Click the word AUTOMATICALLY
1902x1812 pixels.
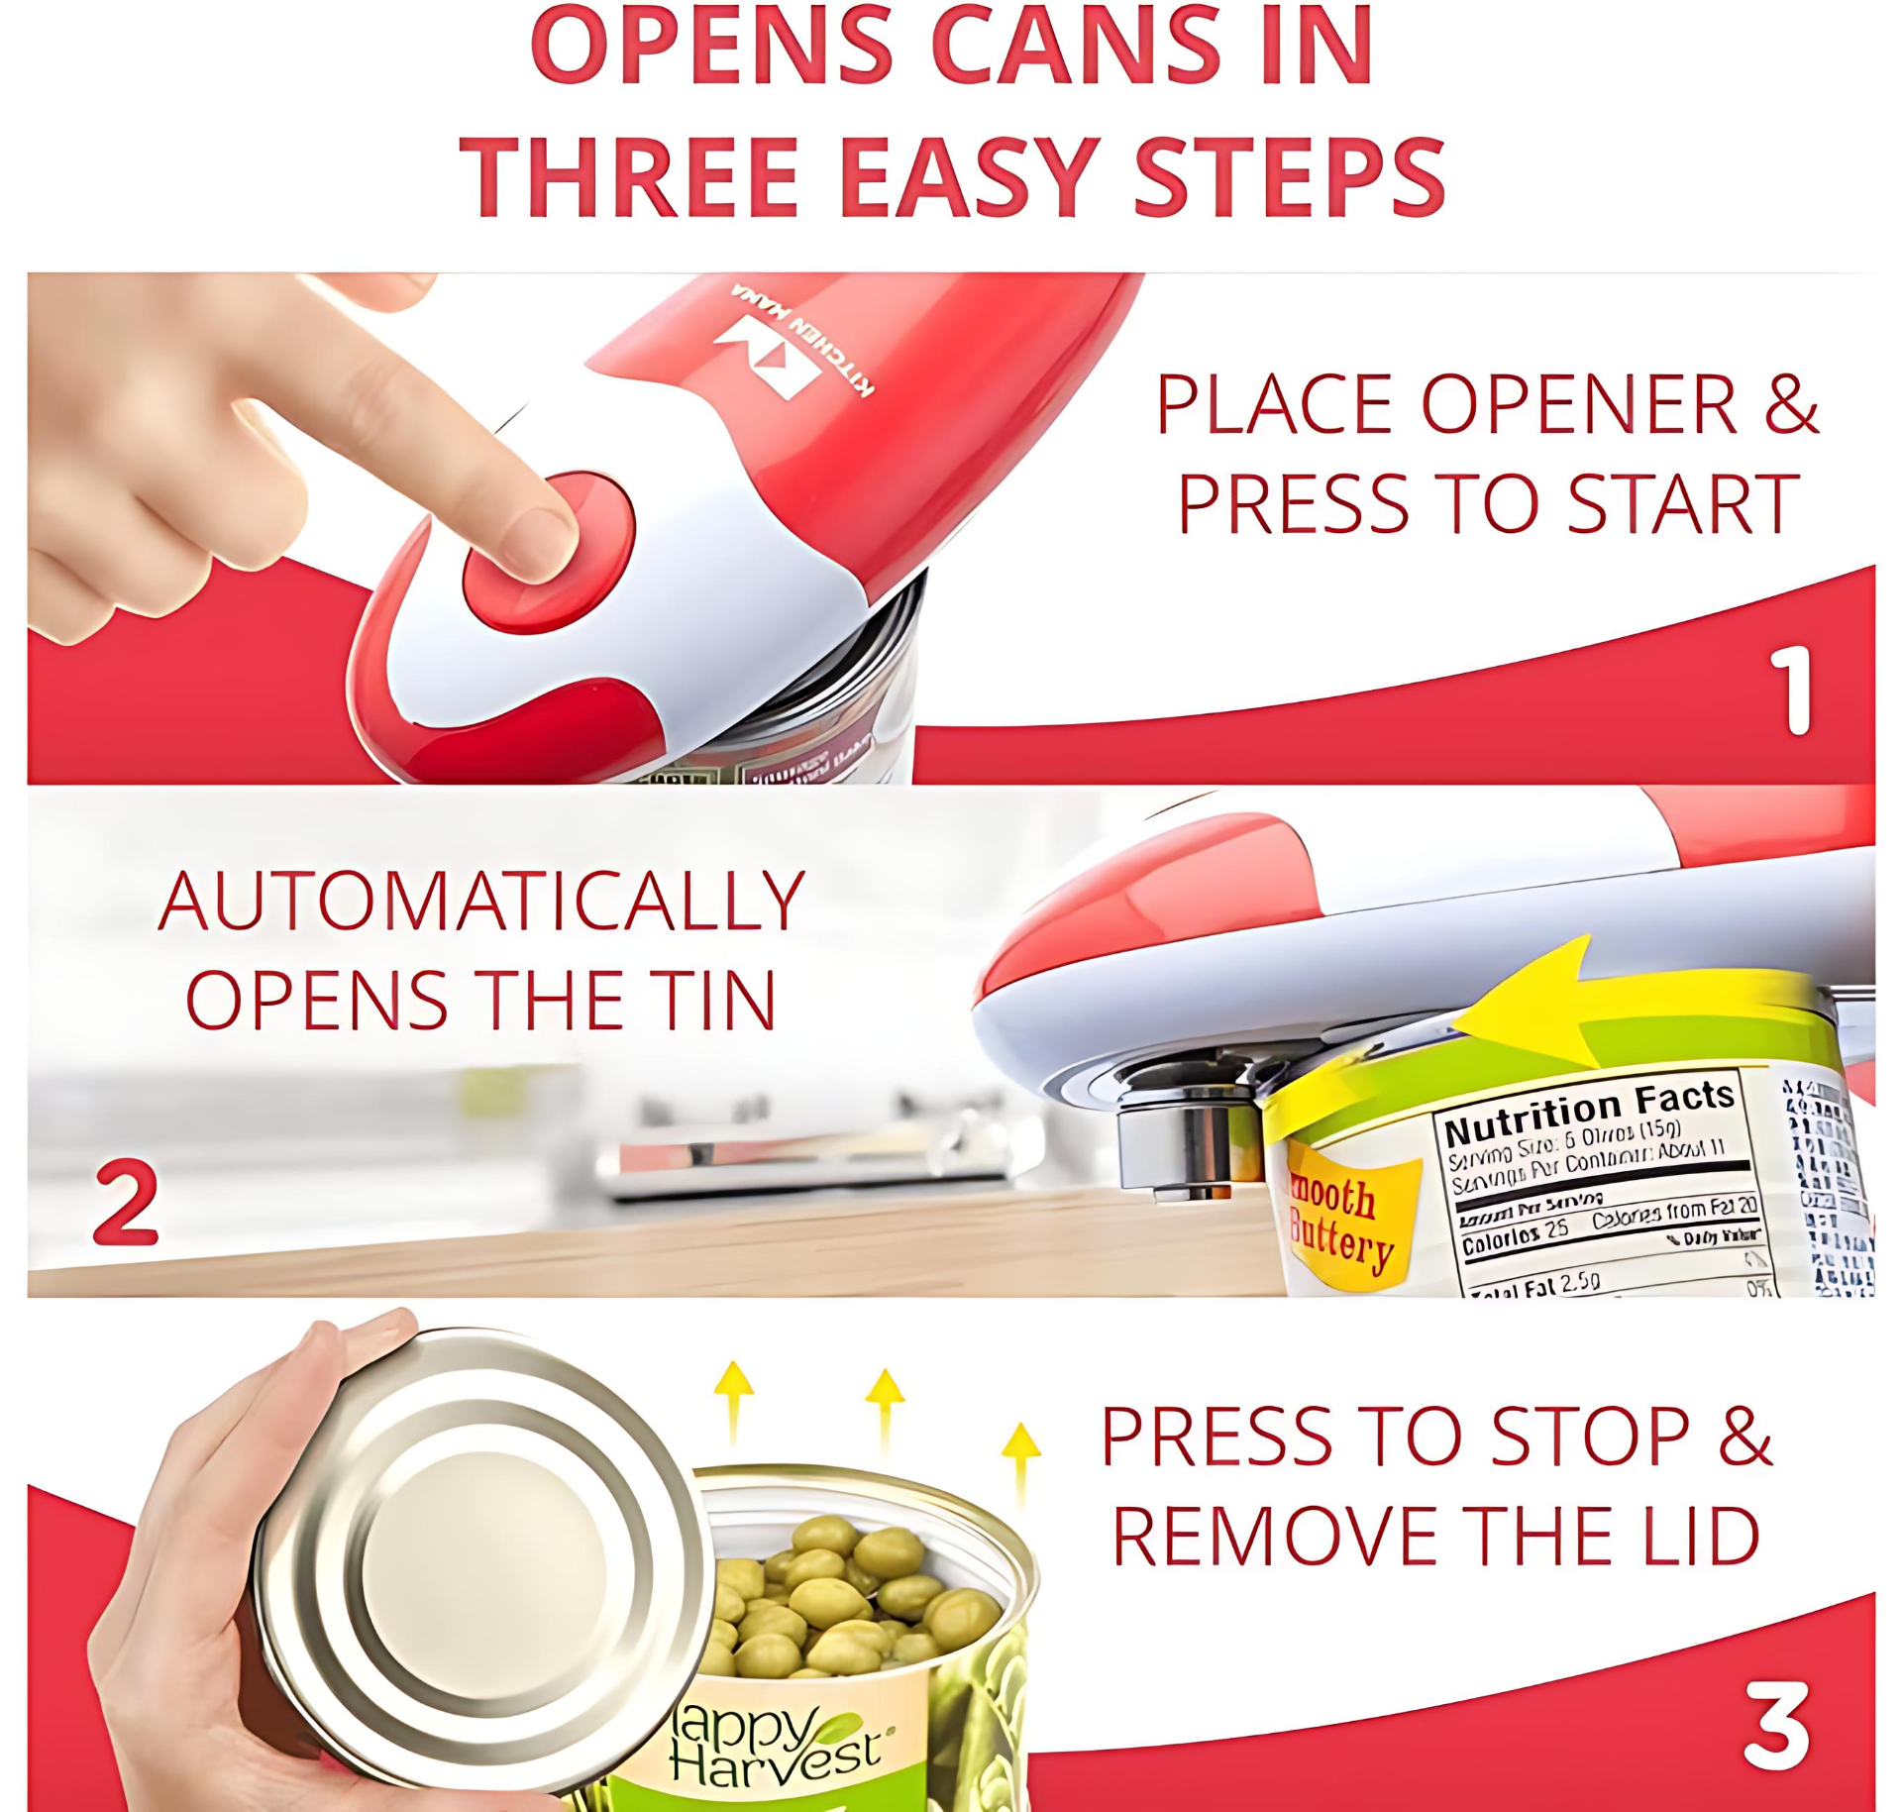tap(481, 901)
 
